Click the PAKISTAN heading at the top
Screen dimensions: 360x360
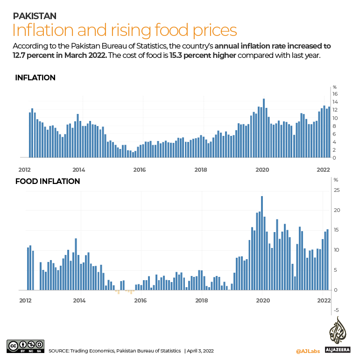(x=35, y=16)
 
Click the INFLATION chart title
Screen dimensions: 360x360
(x=35, y=78)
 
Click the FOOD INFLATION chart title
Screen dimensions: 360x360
(x=48, y=181)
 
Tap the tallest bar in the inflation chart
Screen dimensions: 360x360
(x=264, y=128)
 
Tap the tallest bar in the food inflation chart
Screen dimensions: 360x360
(x=262, y=243)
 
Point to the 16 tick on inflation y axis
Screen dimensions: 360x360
(x=335, y=94)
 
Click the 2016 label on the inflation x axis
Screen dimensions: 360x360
(x=140, y=170)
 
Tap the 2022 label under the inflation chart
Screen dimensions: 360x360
(x=324, y=170)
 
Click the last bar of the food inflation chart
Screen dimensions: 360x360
(x=328, y=259)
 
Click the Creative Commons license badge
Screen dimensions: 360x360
(x=25, y=346)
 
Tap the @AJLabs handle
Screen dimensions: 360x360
(x=307, y=351)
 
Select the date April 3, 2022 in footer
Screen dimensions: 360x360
(x=201, y=351)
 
